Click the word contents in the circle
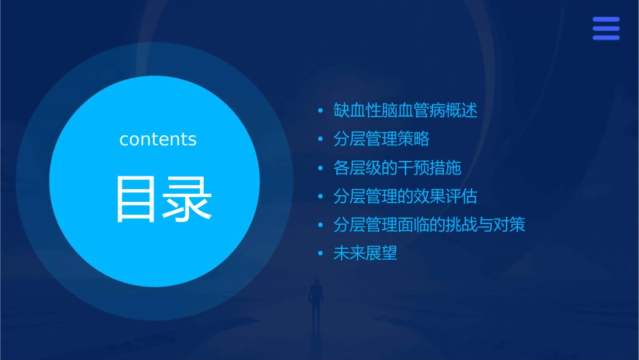click(158, 139)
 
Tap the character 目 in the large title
click(137, 199)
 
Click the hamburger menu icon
click(606, 29)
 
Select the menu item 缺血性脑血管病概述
click(405, 110)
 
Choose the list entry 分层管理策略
click(381, 139)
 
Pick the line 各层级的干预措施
click(397, 168)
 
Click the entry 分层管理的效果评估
click(405, 196)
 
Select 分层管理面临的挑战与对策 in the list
click(429, 225)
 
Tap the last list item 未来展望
click(365, 254)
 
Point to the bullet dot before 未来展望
click(321, 254)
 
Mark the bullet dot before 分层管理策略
click(321, 140)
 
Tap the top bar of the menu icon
click(606, 20)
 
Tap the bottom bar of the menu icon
click(606, 38)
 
